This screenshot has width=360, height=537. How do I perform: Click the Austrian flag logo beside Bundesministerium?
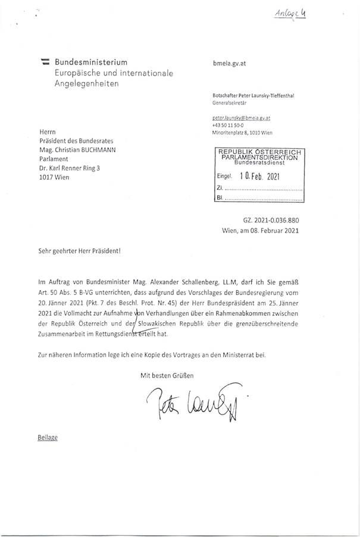[x=45, y=62]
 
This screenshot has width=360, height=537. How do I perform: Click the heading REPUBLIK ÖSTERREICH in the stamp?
[x=259, y=152]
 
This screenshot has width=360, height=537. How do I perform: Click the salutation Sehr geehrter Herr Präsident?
[x=79, y=252]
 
